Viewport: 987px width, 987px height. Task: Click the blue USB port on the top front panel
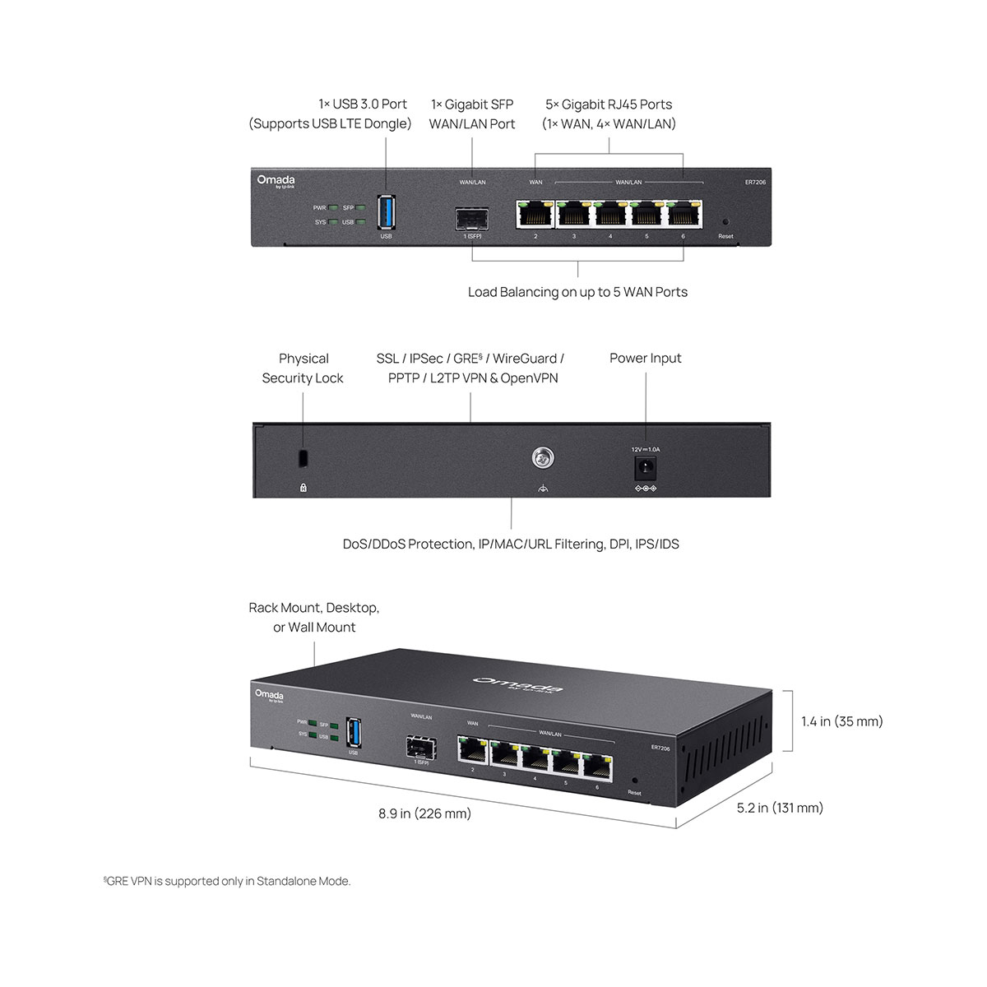386,212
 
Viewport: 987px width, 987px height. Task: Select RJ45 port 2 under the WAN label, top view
535,215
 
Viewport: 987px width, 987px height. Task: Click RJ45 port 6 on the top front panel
683,215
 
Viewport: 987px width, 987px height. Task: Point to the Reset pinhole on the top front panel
725,222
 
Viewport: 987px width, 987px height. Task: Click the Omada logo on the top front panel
276,181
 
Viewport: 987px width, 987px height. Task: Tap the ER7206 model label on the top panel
755,182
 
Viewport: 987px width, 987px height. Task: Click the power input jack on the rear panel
645,469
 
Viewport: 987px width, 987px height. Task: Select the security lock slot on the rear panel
304,457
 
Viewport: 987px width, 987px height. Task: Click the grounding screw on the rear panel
541,457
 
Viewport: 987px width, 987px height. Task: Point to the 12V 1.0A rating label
645,449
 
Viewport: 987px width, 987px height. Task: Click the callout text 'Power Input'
645,358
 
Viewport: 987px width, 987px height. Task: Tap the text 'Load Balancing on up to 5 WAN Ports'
577,292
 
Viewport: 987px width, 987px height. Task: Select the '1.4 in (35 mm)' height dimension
841,721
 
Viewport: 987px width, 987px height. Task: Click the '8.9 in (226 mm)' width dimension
424,813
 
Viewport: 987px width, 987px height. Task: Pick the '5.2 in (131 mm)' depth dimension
780,808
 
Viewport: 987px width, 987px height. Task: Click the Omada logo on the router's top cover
518,684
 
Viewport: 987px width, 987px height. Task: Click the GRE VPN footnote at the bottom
227,881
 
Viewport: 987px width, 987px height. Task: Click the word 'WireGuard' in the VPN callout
525,359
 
